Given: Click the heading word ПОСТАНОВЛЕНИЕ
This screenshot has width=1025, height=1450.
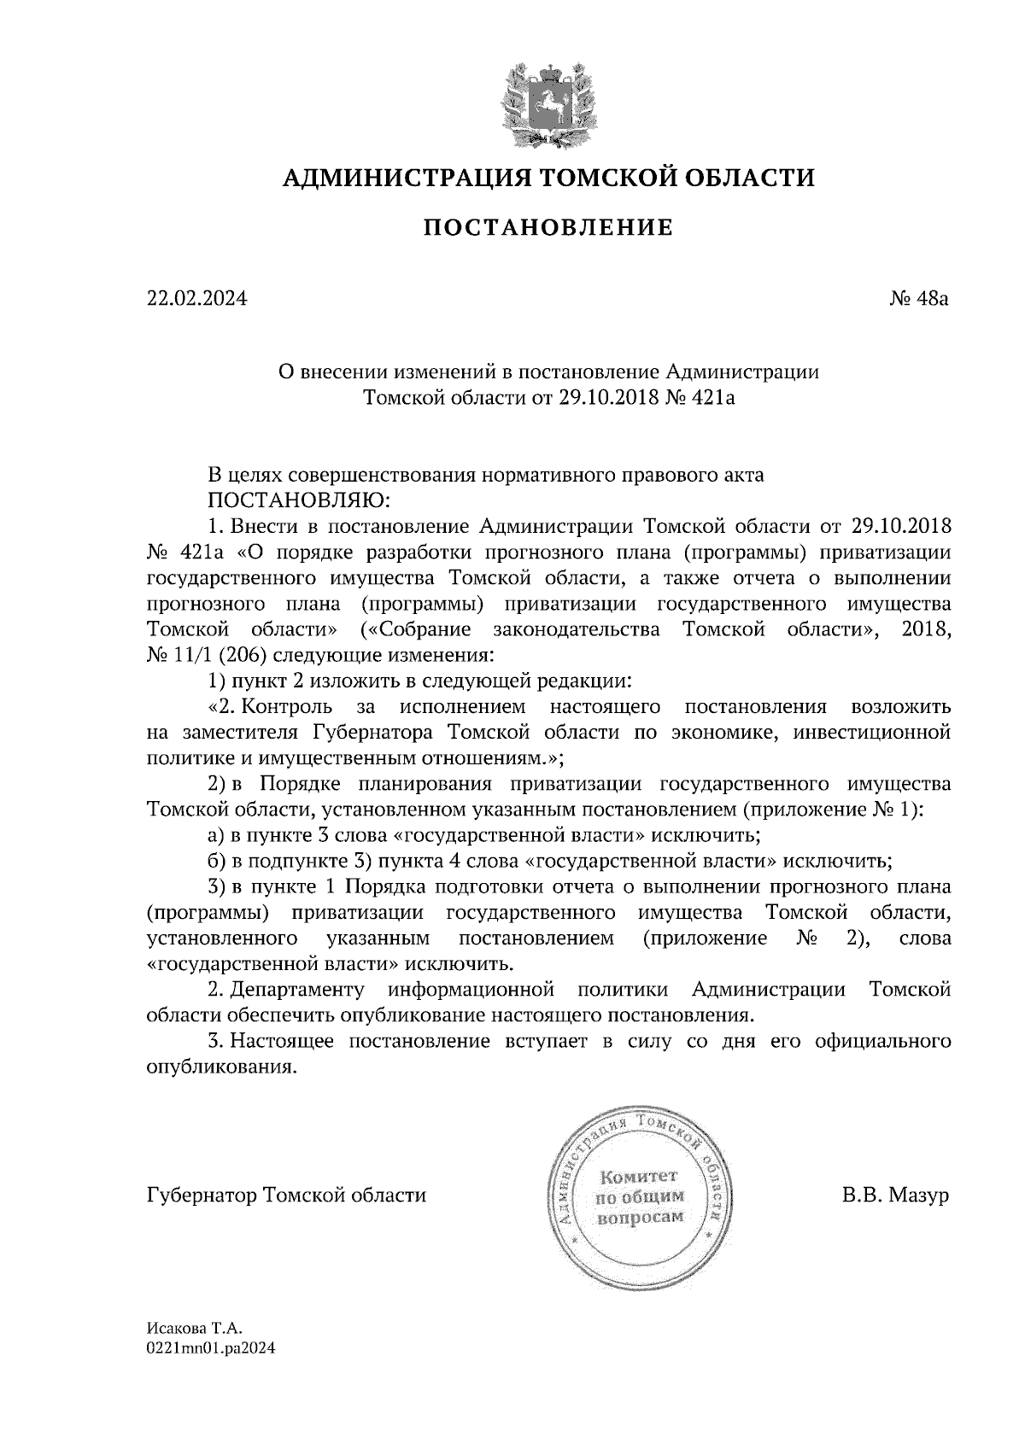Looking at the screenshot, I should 549,228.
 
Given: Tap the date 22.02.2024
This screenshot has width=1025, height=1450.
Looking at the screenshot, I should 196,300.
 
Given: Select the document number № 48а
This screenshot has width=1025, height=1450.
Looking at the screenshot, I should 918,300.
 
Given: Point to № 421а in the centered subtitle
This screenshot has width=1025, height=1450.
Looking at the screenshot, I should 699,398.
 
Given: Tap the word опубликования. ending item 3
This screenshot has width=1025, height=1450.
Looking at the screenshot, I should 223,1067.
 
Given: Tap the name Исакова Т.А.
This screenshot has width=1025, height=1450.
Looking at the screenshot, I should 196,1329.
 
